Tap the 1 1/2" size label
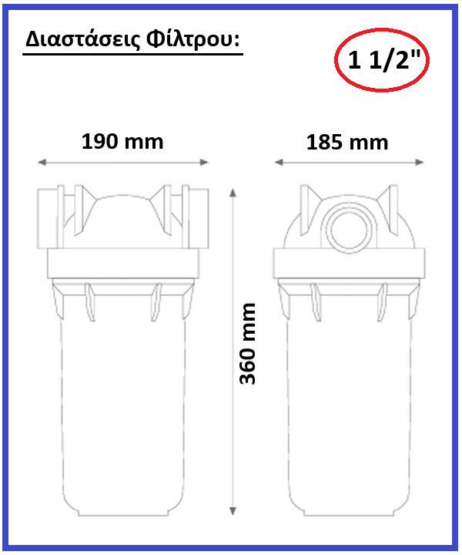pyautogui.click(x=382, y=60)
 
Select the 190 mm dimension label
pyautogui.click(x=122, y=141)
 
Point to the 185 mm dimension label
pyautogui.click(x=347, y=143)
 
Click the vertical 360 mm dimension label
pyautogui.click(x=247, y=343)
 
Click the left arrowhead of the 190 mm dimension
pyautogui.click(x=42, y=162)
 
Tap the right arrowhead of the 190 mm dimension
pyautogui.click(x=204, y=162)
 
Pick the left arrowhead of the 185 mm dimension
pyautogui.click(x=279, y=162)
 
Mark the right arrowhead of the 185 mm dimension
pyautogui.click(x=420, y=162)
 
